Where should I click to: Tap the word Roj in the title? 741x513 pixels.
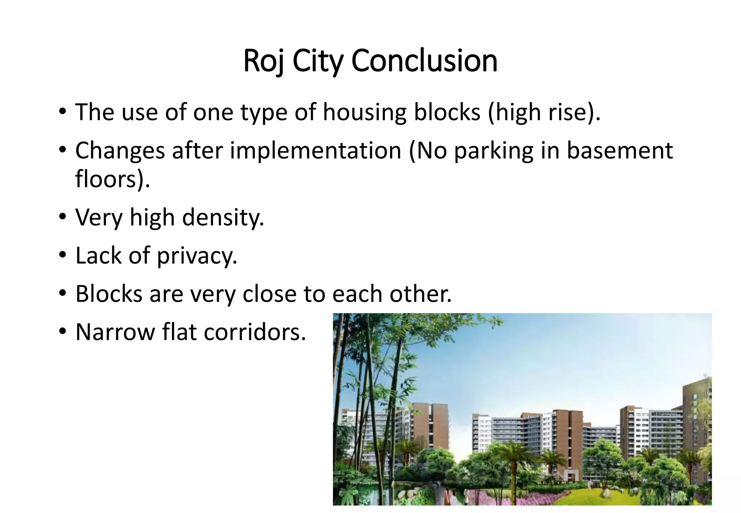264,61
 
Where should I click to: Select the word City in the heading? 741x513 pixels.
317,61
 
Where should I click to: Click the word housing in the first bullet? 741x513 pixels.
364,113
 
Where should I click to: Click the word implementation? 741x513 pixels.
316,150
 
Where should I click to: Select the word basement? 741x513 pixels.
619,150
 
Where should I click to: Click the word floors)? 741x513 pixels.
113,179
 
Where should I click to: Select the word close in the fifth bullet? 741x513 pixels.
269,294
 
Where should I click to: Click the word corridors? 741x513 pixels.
255,332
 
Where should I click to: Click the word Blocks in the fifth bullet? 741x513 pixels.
109,294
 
